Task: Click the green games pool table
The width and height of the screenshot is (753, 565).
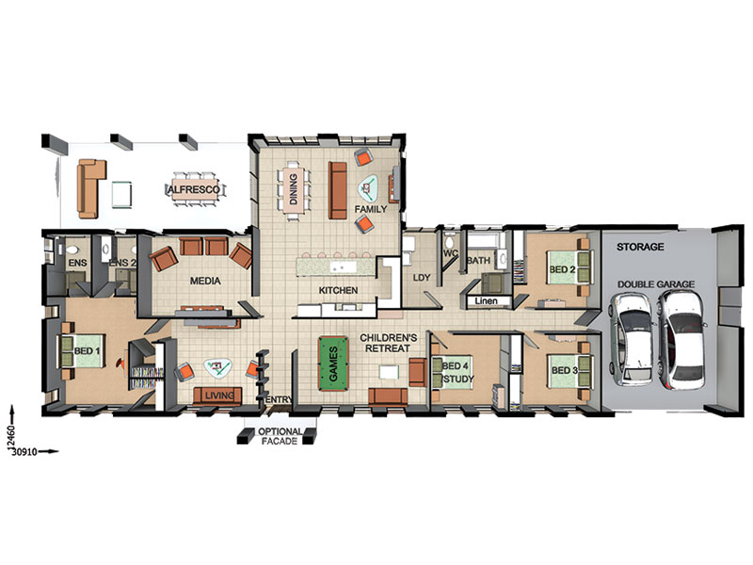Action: pos(333,363)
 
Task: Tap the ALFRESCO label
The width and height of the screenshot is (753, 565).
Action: pos(194,190)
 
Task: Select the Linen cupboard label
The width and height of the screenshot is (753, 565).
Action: pos(486,301)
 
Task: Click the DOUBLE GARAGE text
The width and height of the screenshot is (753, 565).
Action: pos(655,284)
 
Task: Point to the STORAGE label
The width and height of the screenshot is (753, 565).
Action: pos(640,247)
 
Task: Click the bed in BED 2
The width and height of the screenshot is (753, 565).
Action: pos(570,268)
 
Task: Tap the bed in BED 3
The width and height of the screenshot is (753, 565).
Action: pos(570,371)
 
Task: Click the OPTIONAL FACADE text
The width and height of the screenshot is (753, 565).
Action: pos(280,436)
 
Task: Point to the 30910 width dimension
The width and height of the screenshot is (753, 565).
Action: pos(24,452)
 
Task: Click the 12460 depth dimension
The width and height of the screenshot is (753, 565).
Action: pos(11,438)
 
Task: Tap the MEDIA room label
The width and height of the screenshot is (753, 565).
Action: pos(205,281)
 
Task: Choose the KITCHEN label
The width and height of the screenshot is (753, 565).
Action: pos(338,290)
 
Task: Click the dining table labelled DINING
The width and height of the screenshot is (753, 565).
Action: pos(294,189)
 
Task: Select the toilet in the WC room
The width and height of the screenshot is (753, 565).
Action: pos(450,242)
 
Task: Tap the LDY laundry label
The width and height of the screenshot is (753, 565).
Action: pos(422,278)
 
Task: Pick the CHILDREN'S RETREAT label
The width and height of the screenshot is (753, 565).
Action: pos(388,343)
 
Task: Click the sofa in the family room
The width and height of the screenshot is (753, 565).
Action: pos(338,190)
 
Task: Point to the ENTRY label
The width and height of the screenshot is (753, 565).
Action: pos(279,399)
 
